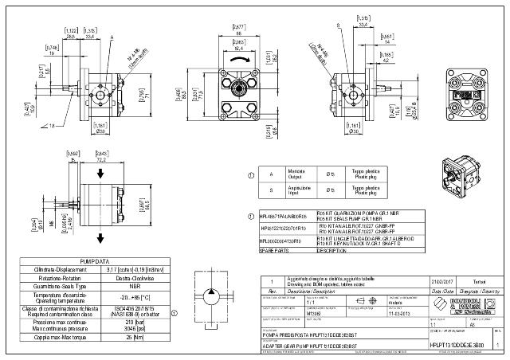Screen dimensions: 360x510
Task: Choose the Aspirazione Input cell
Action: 298,190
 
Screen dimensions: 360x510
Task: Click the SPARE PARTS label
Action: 276,250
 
